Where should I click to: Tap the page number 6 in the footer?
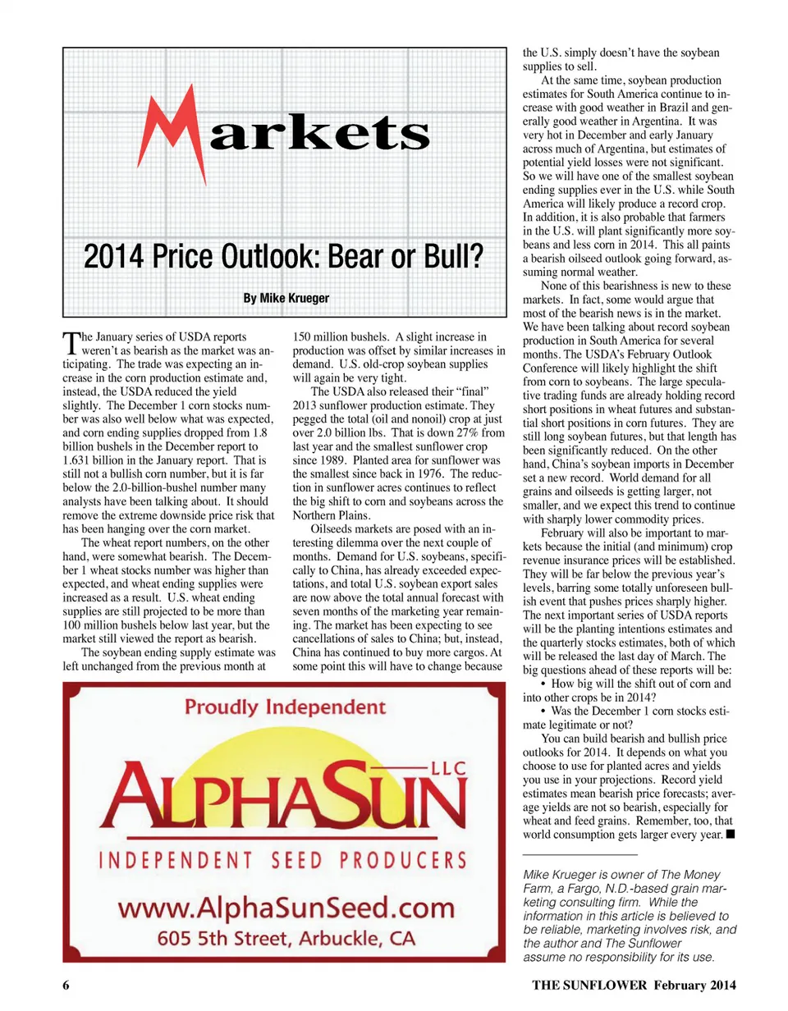pyautogui.click(x=66, y=985)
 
